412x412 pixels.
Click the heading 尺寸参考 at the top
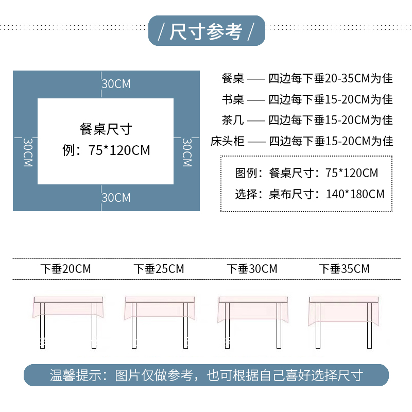pyautogui.click(x=206, y=32)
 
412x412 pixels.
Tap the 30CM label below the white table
pyautogui.click(x=116, y=198)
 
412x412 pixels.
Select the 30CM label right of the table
pyautogui.click(x=187, y=152)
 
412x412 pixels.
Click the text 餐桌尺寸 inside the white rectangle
pyautogui.click(x=106, y=129)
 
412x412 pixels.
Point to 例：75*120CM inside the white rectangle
pyautogui.click(x=106, y=150)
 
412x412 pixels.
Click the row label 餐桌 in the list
pyautogui.click(x=232, y=78)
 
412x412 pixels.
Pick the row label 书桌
pyautogui.click(x=232, y=99)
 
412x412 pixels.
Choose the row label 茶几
pyautogui.click(x=232, y=120)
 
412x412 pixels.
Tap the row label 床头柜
pyautogui.click(x=227, y=141)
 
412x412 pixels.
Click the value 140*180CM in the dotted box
pyautogui.click(x=355, y=194)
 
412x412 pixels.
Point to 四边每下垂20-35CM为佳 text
pyautogui.click(x=331, y=78)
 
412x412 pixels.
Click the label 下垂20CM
pyautogui.click(x=66, y=269)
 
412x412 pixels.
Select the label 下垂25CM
pyautogui.click(x=159, y=269)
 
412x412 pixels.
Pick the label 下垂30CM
pyautogui.click(x=252, y=269)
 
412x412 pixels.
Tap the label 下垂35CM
pyautogui.click(x=344, y=269)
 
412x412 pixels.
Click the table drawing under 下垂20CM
pyautogui.click(x=68, y=319)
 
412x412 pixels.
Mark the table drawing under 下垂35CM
pyautogui.click(x=343, y=319)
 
